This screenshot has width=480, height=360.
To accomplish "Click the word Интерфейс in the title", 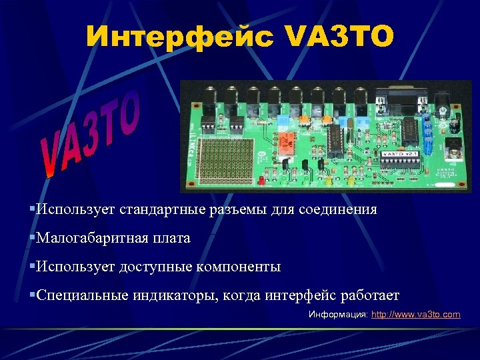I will tap(179, 37).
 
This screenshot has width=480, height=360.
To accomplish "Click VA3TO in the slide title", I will tap(340, 37).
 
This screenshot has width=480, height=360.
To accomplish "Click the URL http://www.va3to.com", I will tap(415, 314).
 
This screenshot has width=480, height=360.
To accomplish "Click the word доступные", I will tap(155, 267).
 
